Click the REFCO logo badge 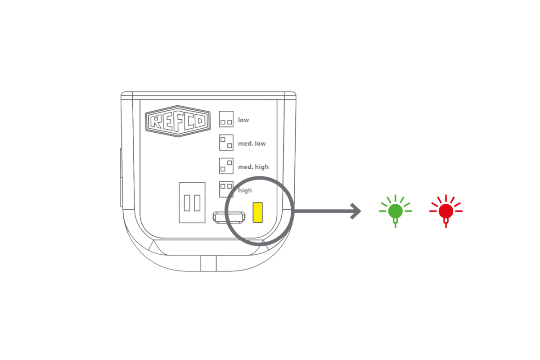point(178,121)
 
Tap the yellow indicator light point(258,212)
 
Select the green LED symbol point(396,211)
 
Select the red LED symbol point(446,211)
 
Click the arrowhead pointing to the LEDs point(356,211)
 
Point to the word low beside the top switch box point(243,120)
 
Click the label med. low point(252,144)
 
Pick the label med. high point(253,167)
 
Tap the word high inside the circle point(245,190)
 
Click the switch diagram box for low point(226,119)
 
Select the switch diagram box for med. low point(226,143)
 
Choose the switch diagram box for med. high point(226,166)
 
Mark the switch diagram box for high point(226,189)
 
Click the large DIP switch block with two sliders point(192,202)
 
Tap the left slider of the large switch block point(187,203)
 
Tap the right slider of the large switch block point(197,203)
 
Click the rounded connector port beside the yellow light point(229,217)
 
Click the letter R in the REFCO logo point(156,121)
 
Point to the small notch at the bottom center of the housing point(208,263)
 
